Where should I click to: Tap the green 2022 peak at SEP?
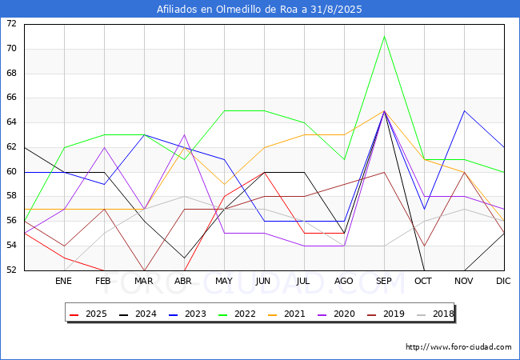coord(384,37)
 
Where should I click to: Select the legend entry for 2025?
coord(88,314)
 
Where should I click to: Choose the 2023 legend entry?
coord(187,314)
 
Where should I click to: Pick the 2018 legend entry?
coord(435,314)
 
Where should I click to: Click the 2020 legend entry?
coord(336,314)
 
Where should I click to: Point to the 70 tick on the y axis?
coord(11,49)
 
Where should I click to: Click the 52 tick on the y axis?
coord(11,270)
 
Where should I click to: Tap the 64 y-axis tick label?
coord(11,122)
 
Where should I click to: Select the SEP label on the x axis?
coord(384,281)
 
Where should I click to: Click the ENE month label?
coord(63,281)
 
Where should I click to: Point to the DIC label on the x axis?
coord(503,281)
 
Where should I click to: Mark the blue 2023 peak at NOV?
coord(464,110)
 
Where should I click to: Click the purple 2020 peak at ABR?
coord(184,135)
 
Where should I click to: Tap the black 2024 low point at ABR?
coord(184,258)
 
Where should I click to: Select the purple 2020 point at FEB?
coord(105,147)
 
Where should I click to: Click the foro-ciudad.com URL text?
coord(458,347)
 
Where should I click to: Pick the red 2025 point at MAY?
coord(225,197)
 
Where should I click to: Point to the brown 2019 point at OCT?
coord(425,246)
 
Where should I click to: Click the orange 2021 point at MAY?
coord(225,184)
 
